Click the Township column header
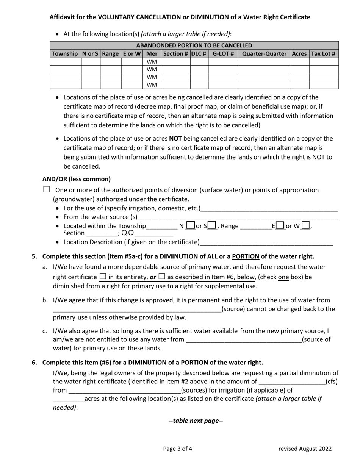pos(65,54)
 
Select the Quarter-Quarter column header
pos(264,54)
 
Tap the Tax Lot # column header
pos(323,54)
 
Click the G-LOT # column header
pos(223,54)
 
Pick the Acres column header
pos(299,54)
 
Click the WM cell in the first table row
pos(152,62)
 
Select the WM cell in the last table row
pos(152,85)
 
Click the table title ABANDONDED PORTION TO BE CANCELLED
pos(194,45)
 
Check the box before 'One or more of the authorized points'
pos(47,189)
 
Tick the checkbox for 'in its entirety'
pos(102,276)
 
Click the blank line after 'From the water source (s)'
pos(237,218)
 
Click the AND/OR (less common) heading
pos(77,179)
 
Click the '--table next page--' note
pos(196,421)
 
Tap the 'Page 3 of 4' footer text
pos(178,449)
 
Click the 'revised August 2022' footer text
pos(305,449)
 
